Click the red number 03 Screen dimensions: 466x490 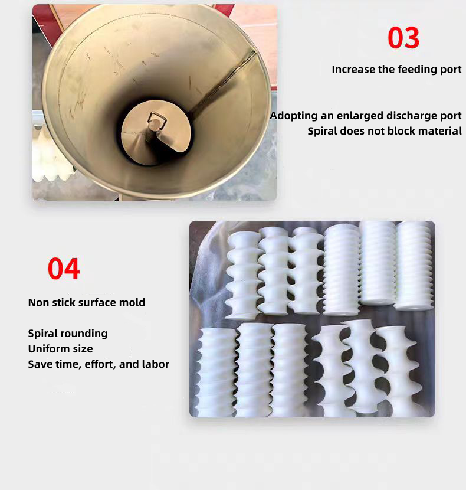pos(403,38)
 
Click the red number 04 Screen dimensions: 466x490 pos(64,269)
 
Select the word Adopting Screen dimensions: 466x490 pos(294,116)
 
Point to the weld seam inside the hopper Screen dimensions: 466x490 pos(224,82)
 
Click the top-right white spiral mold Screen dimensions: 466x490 pos(414,266)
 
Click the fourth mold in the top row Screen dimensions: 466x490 pos(342,270)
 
